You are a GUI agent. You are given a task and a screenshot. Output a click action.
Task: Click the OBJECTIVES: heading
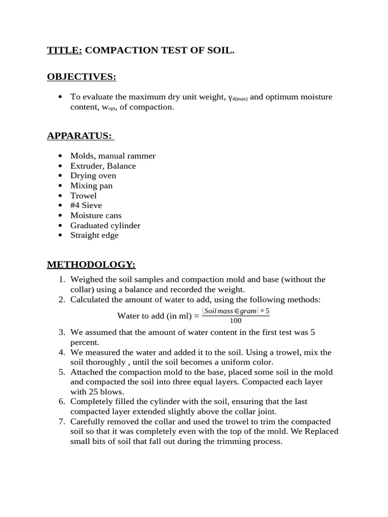point(81,77)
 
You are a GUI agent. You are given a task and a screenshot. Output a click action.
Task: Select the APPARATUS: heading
point(79,136)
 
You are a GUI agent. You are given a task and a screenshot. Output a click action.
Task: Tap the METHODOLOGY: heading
point(91,265)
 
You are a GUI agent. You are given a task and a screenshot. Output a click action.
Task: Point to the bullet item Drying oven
point(93,176)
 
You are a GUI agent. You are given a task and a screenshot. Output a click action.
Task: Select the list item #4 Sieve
point(86,205)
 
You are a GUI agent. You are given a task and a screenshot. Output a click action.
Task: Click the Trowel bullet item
point(83,195)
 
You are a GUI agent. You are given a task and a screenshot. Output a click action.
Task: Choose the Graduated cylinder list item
point(105,225)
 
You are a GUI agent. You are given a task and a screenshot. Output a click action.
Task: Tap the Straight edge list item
point(94,235)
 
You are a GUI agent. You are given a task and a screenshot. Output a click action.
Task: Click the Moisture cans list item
point(96,216)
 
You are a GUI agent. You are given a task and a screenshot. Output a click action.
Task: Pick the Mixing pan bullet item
point(91,186)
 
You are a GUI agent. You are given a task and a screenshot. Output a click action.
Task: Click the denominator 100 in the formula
point(235,321)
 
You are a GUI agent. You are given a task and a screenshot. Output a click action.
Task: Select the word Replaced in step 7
point(322,432)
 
